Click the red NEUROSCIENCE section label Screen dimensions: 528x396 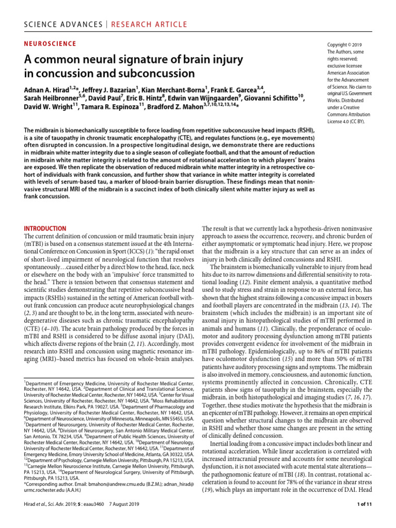[51, 44]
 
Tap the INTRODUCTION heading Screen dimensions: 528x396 [45, 228]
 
